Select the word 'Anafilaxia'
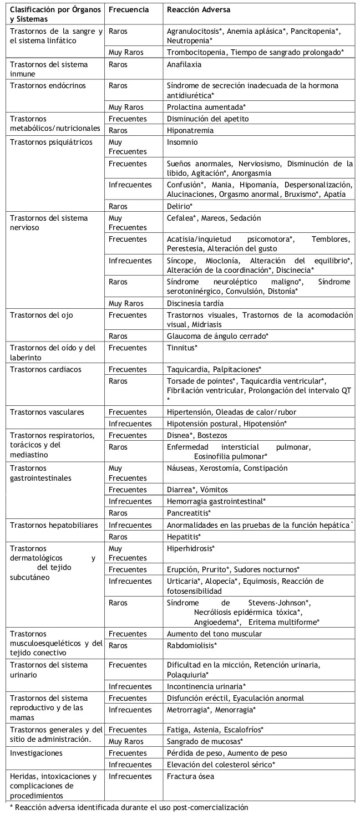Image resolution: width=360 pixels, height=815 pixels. [x=184, y=64]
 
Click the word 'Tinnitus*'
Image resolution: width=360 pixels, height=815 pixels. [x=182, y=347]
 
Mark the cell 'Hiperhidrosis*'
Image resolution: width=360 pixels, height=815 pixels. [x=191, y=548]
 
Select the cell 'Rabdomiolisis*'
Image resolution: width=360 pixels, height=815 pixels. [x=192, y=645]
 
